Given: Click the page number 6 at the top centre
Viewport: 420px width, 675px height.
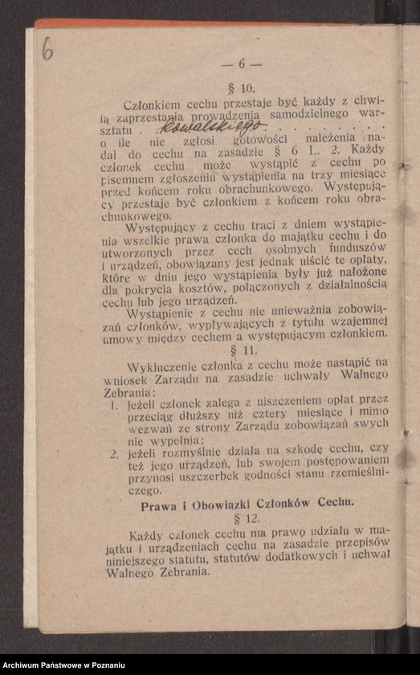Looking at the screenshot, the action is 242,63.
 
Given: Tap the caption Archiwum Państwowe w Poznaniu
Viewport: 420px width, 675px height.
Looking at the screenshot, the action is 63,665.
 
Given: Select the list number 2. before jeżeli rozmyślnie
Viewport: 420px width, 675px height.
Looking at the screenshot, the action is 114,456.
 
